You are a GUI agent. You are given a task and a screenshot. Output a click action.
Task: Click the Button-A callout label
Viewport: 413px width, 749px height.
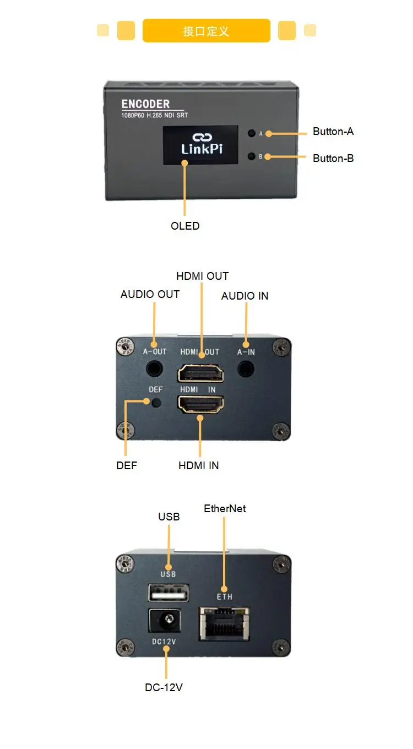tap(333, 132)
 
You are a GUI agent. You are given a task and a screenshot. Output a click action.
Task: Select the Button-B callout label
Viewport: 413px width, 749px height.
tap(333, 159)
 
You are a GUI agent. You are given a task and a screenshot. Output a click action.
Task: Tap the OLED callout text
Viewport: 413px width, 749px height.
tap(185, 226)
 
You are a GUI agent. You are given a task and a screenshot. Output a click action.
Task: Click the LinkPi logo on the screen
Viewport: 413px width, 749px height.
tap(202, 144)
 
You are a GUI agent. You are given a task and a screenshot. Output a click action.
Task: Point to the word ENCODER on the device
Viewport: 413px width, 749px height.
tap(145, 104)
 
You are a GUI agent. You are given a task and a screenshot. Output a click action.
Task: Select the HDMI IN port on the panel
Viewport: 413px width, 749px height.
tap(200, 405)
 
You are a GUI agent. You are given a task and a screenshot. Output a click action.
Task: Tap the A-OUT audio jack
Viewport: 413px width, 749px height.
tap(155, 368)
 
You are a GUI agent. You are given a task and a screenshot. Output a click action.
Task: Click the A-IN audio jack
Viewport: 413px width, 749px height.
tap(246, 368)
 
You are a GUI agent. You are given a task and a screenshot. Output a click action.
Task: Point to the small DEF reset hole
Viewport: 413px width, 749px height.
tap(156, 403)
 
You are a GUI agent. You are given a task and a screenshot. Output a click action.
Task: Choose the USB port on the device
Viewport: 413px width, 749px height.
tap(168, 593)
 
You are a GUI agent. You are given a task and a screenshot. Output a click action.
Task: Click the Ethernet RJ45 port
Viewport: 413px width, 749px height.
tap(224, 623)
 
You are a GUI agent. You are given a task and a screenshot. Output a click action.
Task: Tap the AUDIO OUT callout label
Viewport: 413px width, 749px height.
tap(150, 294)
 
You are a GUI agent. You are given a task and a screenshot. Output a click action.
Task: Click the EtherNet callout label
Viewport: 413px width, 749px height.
tap(225, 508)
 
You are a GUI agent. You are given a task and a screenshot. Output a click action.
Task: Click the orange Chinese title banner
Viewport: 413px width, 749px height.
tap(206, 31)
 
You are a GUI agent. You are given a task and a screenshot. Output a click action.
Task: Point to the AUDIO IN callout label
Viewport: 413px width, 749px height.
tap(244, 296)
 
